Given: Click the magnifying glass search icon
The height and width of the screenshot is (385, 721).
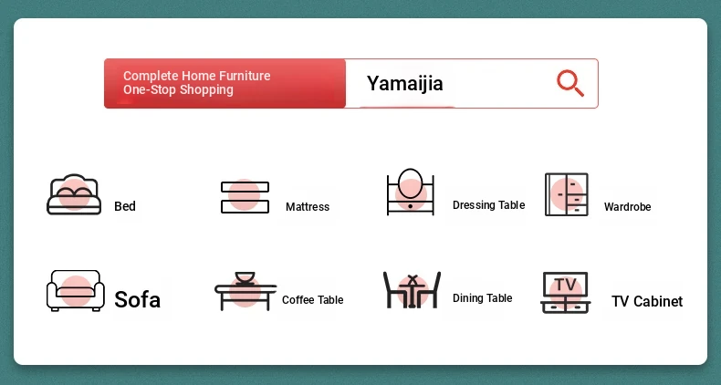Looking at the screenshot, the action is pyautogui.click(x=570, y=83).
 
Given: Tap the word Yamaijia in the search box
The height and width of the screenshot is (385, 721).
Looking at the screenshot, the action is pyautogui.click(x=404, y=84).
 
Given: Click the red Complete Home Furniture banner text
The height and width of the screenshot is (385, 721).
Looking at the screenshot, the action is pyautogui.click(x=197, y=83).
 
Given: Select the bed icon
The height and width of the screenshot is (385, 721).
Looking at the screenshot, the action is pyautogui.click(x=74, y=194).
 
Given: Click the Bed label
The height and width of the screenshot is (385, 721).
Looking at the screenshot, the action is pyautogui.click(x=125, y=206).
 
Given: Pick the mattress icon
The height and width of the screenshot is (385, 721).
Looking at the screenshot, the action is pyautogui.click(x=245, y=197).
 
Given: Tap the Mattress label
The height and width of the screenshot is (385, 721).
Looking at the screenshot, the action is pyautogui.click(x=308, y=207).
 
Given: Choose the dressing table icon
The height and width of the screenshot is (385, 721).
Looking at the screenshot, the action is pyautogui.click(x=411, y=192).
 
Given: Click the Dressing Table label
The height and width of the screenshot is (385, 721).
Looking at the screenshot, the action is pyautogui.click(x=489, y=205).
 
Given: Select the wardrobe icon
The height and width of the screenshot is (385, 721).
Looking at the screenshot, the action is pyautogui.click(x=567, y=194).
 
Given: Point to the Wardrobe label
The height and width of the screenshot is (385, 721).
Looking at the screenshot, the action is pyautogui.click(x=627, y=207).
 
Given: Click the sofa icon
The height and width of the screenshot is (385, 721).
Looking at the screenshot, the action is pyautogui.click(x=76, y=291).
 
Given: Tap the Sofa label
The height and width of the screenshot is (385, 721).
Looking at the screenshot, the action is pyautogui.click(x=138, y=300).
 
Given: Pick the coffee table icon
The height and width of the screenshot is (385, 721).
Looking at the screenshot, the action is pyautogui.click(x=246, y=291).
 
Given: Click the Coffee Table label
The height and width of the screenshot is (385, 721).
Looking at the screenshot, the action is pyautogui.click(x=313, y=300).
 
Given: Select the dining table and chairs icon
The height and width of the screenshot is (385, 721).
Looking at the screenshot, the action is pyautogui.click(x=412, y=290).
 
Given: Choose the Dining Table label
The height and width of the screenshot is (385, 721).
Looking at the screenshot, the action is pyautogui.click(x=483, y=298).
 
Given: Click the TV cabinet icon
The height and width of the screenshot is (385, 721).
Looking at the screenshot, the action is pyautogui.click(x=565, y=293).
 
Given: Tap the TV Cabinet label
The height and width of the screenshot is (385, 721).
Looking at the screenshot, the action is pyautogui.click(x=647, y=301).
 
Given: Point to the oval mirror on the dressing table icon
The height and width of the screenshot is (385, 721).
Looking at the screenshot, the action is pyautogui.click(x=410, y=182).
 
